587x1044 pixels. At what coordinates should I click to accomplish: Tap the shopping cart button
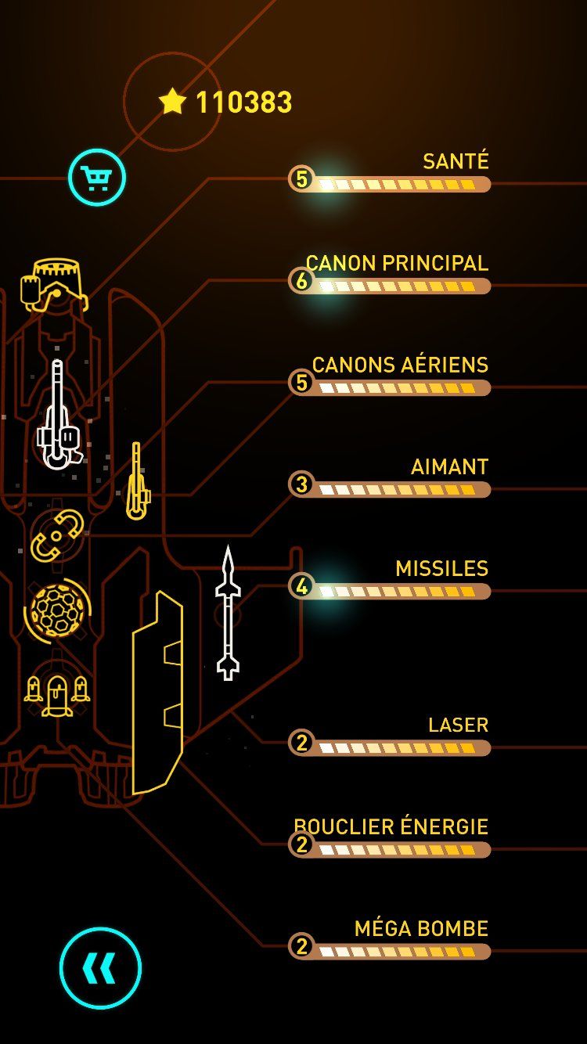pyautogui.click(x=97, y=178)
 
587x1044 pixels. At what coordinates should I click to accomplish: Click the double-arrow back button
pyautogui.click(x=100, y=968)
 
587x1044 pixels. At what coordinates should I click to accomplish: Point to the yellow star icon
pyautogui.click(x=172, y=101)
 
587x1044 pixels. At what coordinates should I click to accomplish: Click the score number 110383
pyautogui.click(x=243, y=103)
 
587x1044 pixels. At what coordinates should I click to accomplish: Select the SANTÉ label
pyautogui.click(x=456, y=161)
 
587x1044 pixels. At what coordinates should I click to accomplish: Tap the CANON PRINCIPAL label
pyautogui.click(x=397, y=263)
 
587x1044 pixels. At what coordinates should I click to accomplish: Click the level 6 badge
pyautogui.click(x=301, y=280)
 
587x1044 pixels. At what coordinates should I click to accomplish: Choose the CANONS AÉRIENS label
pyautogui.click(x=400, y=365)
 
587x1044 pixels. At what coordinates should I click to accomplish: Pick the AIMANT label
pyautogui.click(x=449, y=466)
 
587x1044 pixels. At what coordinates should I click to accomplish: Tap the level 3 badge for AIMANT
pyautogui.click(x=301, y=484)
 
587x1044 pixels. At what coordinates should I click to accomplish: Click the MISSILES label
pyautogui.click(x=441, y=568)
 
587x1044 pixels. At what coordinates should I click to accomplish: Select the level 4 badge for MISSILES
pyautogui.click(x=301, y=585)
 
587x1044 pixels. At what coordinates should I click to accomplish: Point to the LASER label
pyautogui.click(x=458, y=725)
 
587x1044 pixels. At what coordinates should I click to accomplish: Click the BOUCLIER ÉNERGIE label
pyautogui.click(x=391, y=826)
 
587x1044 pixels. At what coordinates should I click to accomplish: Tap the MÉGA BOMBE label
pyautogui.click(x=421, y=928)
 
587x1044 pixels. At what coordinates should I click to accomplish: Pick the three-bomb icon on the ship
pyautogui.click(x=57, y=693)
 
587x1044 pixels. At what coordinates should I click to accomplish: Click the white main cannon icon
pyautogui.click(x=59, y=415)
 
